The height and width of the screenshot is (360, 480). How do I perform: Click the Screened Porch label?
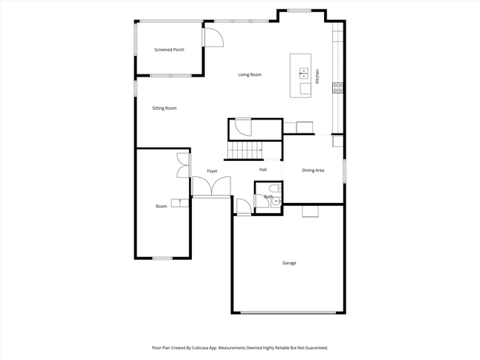point(169,49)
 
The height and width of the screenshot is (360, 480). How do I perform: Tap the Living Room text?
point(250,75)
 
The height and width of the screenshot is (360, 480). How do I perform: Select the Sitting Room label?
point(164,108)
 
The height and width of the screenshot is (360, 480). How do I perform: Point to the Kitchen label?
point(318,75)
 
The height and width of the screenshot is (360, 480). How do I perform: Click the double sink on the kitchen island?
point(304,72)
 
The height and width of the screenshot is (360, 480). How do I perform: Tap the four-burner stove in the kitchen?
point(338,87)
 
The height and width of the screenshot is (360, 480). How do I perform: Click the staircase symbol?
point(244,151)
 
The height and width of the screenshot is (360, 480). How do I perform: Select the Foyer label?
point(212,171)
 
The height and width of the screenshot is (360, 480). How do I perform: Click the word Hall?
point(263,170)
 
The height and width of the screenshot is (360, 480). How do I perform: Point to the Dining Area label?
point(313,170)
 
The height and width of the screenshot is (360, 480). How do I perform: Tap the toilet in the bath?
point(274,191)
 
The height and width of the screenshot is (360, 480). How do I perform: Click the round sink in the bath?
point(276,201)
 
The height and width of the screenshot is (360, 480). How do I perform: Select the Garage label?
point(289,263)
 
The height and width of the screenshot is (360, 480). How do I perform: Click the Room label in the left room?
point(161,207)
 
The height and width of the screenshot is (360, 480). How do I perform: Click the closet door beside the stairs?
point(242,130)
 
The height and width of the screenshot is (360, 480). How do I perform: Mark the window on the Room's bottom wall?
point(162,258)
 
